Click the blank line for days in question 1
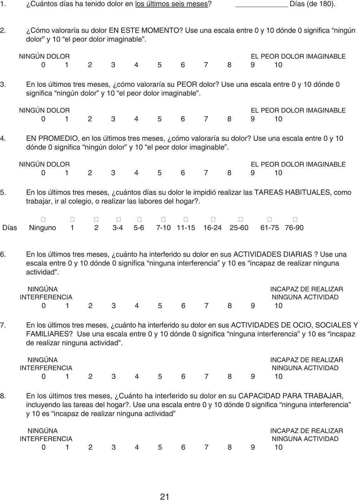261,5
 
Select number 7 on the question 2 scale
206,65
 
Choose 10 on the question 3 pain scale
278,119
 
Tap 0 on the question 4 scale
43,173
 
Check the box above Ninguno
43,219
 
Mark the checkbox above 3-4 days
118,219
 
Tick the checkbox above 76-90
295,219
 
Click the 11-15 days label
186,228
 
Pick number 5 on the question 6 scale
160,306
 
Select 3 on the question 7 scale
114,377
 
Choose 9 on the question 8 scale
253,447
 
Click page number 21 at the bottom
165,496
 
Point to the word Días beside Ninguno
10,228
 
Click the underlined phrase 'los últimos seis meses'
172,5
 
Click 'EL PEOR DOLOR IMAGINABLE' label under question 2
298,56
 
